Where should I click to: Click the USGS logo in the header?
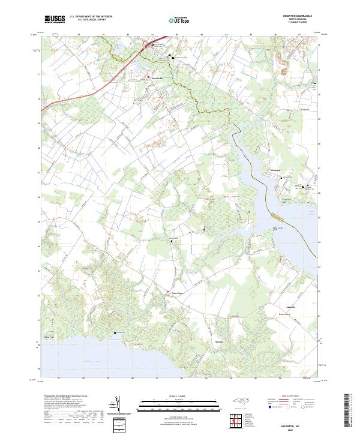[55, 19]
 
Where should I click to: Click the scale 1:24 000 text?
[171, 396]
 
